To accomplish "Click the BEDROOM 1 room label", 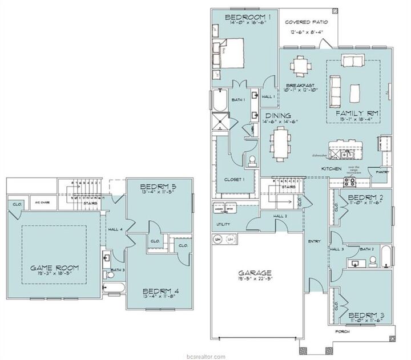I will point(247,18).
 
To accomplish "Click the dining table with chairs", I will point(280,141).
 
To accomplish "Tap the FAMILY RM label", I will point(354,114).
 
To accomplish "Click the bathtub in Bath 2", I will point(385,257).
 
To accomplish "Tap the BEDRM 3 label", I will point(366,314).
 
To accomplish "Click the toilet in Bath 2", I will point(373,261).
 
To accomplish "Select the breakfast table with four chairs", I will point(300,65).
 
